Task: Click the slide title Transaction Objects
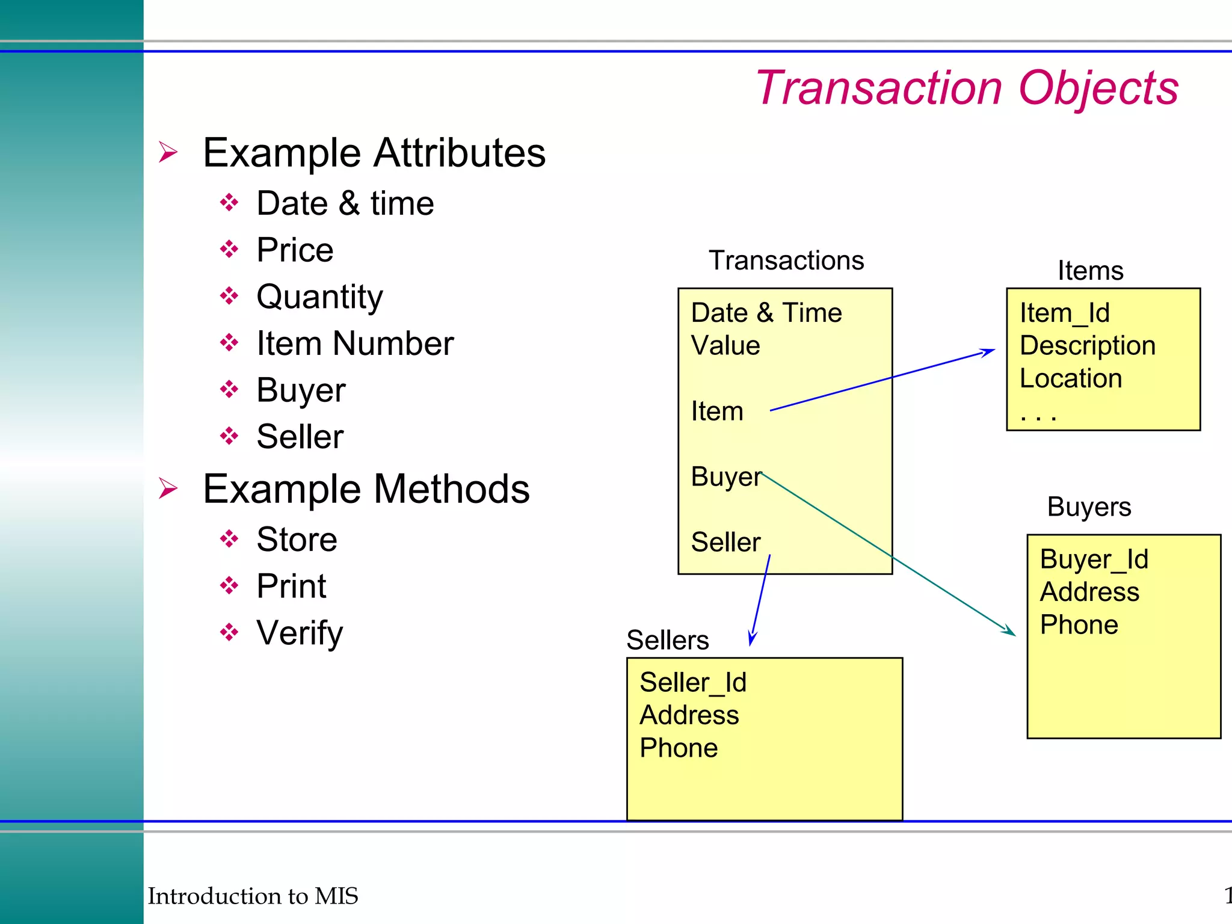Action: (x=966, y=88)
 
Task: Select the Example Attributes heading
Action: (x=374, y=153)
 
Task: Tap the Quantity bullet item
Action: (x=319, y=297)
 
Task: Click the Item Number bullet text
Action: (x=355, y=343)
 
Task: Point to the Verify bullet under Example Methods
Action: (x=300, y=633)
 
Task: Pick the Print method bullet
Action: (x=291, y=586)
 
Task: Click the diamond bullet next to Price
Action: (x=229, y=249)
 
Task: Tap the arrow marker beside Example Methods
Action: (x=168, y=488)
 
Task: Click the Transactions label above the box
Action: (x=786, y=260)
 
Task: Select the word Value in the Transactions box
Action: (x=725, y=346)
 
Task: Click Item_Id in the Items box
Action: (x=1065, y=313)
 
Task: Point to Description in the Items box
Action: (x=1088, y=346)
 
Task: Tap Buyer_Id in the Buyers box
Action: (x=1094, y=559)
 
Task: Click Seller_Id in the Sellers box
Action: (x=693, y=683)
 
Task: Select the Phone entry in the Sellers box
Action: (x=679, y=748)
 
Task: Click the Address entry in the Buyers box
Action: (x=1089, y=593)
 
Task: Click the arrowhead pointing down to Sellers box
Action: (x=752, y=639)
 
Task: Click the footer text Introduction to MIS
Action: (x=253, y=896)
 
